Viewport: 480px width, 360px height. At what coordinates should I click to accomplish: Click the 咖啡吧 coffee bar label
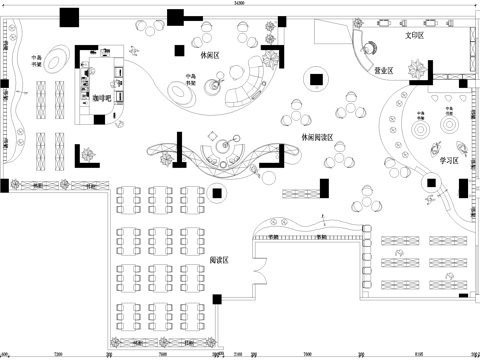tap(103, 99)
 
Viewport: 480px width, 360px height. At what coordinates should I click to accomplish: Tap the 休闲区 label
tap(210, 56)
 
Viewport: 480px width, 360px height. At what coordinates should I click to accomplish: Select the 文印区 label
tap(415, 35)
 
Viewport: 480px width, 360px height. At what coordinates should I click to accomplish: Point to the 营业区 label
tap(383, 71)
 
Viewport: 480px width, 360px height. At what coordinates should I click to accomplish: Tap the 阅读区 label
tap(220, 260)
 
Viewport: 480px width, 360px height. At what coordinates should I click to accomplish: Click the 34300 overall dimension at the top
tap(239, 5)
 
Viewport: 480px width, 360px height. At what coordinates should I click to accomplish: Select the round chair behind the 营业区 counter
tap(372, 45)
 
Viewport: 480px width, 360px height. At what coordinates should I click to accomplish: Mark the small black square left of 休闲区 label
tap(178, 50)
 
